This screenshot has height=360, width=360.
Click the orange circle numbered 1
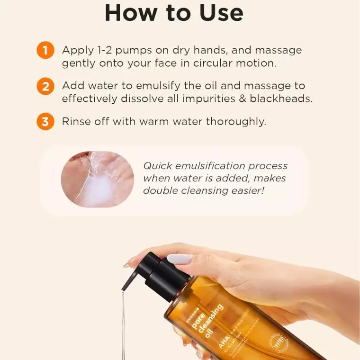click(x=45, y=51)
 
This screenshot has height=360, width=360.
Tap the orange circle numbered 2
click(x=45, y=86)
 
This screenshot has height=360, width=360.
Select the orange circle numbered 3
click(x=45, y=122)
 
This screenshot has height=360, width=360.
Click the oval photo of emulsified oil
click(x=97, y=180)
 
